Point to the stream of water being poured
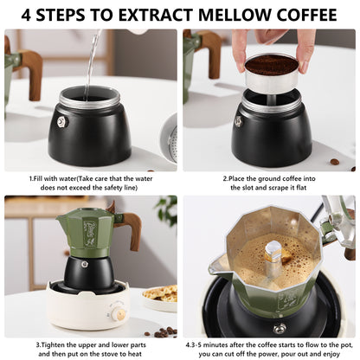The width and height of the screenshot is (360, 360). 91,61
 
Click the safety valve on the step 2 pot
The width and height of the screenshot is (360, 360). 238,121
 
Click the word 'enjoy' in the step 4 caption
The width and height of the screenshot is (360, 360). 328,354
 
